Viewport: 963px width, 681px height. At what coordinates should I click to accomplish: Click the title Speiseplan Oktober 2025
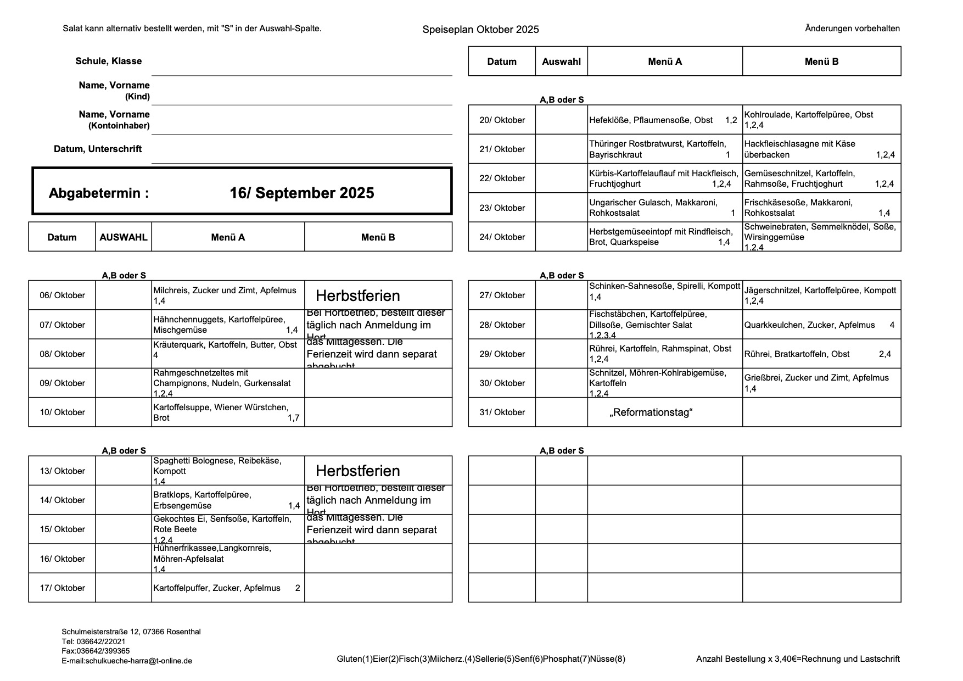coord(480,30)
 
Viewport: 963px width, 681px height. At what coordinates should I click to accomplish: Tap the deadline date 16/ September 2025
coord(301,193)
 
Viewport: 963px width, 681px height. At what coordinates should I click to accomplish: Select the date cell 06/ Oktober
coord(62,295)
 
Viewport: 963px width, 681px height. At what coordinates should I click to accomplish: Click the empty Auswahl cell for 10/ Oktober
coord(124,412)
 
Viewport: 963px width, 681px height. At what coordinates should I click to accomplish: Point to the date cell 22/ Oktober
coord(502,178)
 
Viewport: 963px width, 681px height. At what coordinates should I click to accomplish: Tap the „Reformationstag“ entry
coord(651,412)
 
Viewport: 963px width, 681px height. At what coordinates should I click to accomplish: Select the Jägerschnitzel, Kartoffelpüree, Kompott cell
coord(820,295)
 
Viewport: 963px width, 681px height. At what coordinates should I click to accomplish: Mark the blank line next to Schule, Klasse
coord(301,69)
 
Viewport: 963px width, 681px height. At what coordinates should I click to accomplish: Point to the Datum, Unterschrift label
coord(98,149)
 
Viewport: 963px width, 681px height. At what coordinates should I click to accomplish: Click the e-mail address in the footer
coord(127,661)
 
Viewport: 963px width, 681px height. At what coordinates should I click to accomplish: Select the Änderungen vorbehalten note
coord(852,29)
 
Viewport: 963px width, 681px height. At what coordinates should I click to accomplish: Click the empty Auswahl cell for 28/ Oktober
coord(561,325)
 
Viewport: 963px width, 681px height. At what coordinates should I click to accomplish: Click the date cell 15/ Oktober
coord(62,529)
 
